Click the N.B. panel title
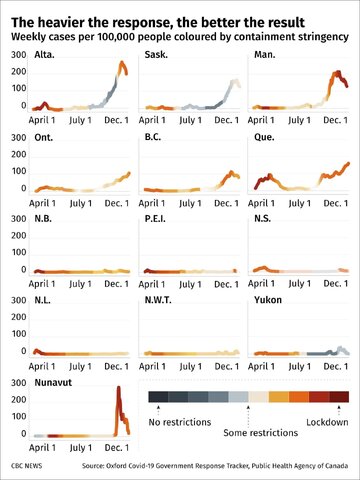pyautogui.click(x=47, y=219)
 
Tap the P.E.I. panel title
pyautogui.click(x=159, y=219)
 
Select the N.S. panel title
pyautogui.click(x=267, y=219)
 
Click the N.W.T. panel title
pyautogui.click(x=162, y=301)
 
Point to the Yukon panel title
pyautogui.click(x=271, y=301)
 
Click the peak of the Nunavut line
pyautogui.click(x=119, y=388)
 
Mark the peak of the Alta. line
pyautogui.click(x=123, y=63)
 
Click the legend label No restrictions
pyautogui.click(x=183, y=422)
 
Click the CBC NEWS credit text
pyautogui.click(x=31, y=466)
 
